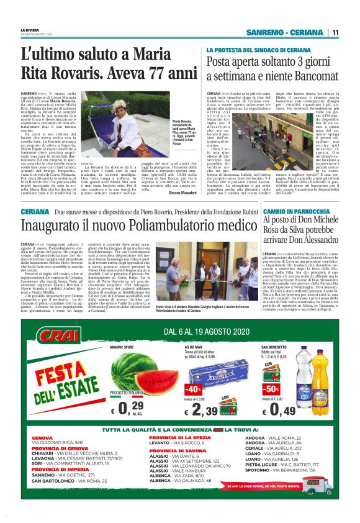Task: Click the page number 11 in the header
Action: click(335, 32)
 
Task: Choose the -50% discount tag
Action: click(272, 388)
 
